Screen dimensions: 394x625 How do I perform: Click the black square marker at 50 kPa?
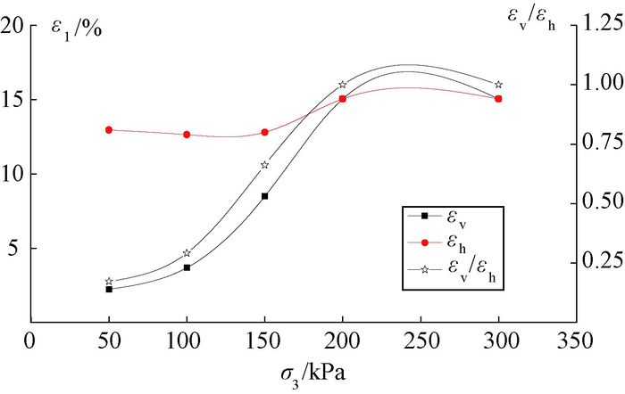pos(109,289)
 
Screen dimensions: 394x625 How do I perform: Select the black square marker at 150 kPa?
pos(264,196)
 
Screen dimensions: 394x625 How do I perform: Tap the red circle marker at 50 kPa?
pos(109,129)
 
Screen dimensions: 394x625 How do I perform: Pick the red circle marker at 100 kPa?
pos(187,135)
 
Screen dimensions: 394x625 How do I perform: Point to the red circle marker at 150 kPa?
pos(264,132)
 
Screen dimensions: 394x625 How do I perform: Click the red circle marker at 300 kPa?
pos(498,98)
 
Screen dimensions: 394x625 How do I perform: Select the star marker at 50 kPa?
pos(109,281)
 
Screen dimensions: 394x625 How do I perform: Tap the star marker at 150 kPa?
pos(264,165)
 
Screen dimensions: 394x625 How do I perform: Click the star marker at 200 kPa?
pos(343,85)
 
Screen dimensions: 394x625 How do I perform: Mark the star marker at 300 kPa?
pos(498,85)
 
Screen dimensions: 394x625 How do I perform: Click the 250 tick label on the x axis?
pos(421,340)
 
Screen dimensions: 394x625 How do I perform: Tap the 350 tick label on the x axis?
pos(576,340)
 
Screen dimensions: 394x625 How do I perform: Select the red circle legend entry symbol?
pos(424,242)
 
